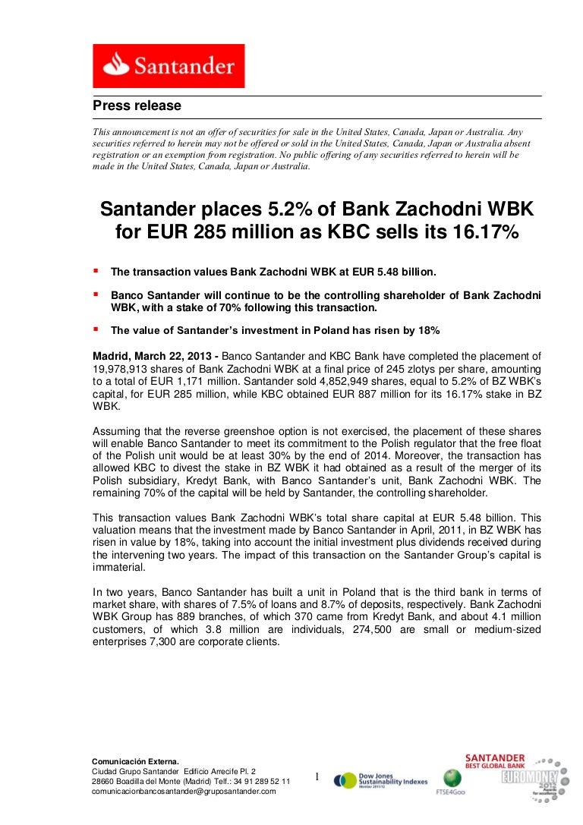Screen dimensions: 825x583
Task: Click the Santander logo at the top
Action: click(169, 66)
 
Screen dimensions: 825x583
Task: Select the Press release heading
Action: click(137, 105)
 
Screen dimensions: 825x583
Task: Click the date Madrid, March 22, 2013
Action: click(152, 355)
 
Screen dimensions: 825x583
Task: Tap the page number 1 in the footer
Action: click(317, 776)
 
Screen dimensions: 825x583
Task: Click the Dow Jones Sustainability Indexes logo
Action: click(381, 779)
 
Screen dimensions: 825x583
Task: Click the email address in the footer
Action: click(184, 791)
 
